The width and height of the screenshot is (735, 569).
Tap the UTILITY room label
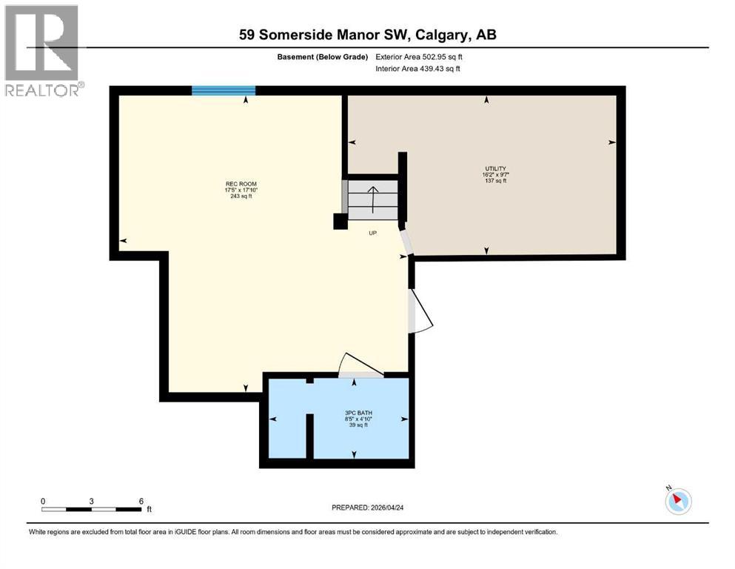(495, 168)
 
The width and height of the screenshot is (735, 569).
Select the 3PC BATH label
(352, 412)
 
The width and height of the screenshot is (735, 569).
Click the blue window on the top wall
(224, 90)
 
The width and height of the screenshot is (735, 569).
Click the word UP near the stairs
(374, 233)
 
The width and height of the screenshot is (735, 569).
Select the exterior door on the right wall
(420, 310)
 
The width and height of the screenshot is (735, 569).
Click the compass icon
(678, 500)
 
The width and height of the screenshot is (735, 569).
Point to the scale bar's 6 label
(141, 501)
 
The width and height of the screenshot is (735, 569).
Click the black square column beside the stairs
(340, 221)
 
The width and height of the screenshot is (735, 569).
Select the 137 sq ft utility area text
(495, 181)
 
